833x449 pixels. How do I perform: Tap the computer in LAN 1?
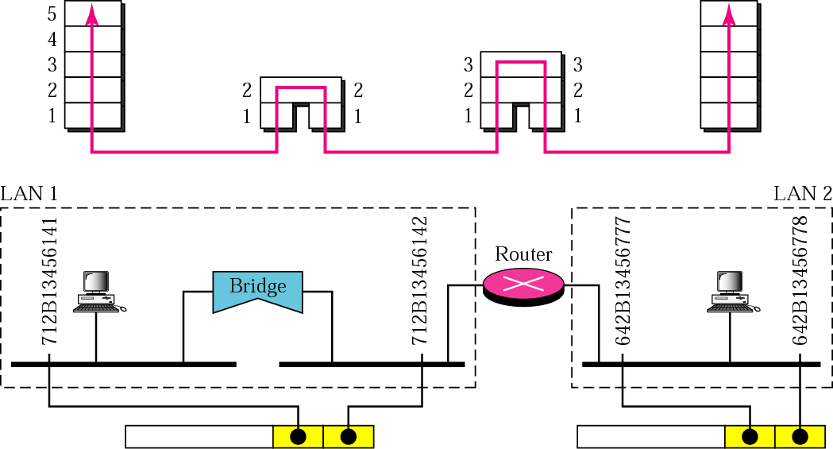point(97,292)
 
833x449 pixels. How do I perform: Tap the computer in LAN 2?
point(729,292)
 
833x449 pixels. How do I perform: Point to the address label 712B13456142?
point(420,281)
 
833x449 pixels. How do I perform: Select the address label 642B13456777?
point(623,281)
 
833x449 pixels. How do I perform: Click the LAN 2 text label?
point(802,193)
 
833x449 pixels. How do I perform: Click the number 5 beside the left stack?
point(52,14)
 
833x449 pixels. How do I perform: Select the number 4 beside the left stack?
point(52,39)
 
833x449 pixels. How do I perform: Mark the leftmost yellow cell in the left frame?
point(298,437)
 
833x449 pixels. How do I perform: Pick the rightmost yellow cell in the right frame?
point(800,437)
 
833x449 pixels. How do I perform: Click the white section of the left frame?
point(199,437)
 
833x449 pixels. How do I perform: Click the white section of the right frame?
point(650,437)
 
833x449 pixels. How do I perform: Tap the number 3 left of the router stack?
point(469,64)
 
